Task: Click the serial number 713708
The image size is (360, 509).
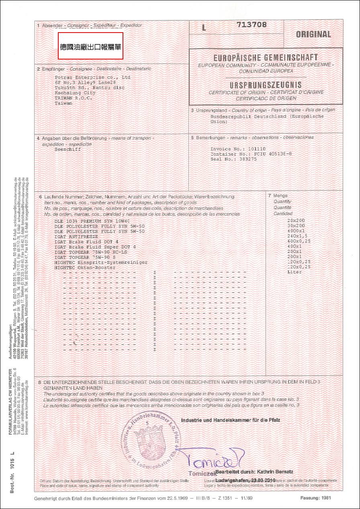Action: (252, 25)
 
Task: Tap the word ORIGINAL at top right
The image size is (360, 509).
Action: (313, 35)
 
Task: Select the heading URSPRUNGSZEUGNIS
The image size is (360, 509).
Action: (266, 85)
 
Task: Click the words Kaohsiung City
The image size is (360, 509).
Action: (75, 92)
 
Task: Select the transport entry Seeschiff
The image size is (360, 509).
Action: (67, 149)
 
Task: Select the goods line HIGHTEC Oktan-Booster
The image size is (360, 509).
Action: (85, 267)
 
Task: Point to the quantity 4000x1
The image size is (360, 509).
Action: (297, 231)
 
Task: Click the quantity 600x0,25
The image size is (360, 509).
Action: (299, 241)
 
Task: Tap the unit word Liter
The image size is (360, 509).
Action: (294, 272)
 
